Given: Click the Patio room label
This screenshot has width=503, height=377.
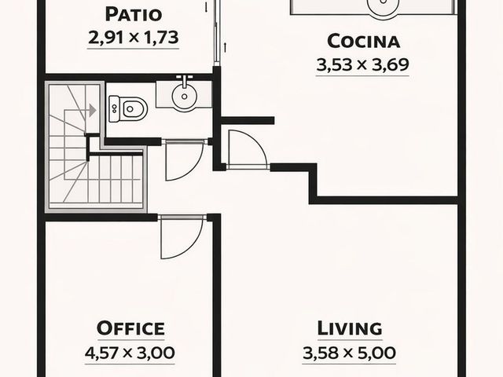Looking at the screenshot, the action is tap(133, 15).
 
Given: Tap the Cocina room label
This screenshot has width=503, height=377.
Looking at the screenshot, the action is tap(363, 42).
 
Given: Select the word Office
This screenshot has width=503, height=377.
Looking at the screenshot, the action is tap(130, 328).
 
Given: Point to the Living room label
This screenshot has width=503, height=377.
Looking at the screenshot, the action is tap(350, 328).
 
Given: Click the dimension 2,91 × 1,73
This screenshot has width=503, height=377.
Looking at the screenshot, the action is tap(133, 38).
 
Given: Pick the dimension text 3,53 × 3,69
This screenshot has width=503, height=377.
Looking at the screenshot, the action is tap(363, 64).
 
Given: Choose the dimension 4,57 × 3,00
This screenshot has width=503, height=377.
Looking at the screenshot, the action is tap(130, 353).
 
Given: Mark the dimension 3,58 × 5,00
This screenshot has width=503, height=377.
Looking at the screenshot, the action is tap(349, 353).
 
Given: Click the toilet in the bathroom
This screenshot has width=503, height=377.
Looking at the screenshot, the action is tap(128, 109).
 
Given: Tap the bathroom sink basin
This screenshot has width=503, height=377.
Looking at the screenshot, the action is tap(184, 96).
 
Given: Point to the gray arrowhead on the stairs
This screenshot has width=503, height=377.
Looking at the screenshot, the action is tap(93, 110).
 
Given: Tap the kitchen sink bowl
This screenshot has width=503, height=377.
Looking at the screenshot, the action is tap(384, 5).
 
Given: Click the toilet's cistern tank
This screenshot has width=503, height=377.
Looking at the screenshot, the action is tap(113, 109).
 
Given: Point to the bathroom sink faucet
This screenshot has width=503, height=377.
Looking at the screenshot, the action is tap(185, 81).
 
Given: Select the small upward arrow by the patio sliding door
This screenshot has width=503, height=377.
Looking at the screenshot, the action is tap(226, 47).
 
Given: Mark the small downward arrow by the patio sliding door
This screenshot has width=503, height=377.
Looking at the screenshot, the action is tap(206, 8).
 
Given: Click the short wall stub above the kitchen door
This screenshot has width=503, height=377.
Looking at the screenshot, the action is tap(248, 120).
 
